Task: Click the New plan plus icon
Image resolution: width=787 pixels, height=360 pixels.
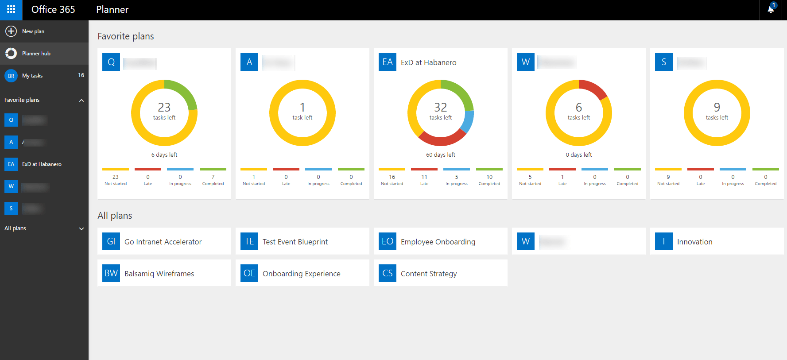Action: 11,31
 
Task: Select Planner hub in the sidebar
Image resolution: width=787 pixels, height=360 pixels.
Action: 36,54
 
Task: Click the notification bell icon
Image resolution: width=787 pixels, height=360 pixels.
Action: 771,9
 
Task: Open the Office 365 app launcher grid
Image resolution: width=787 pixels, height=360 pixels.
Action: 11,9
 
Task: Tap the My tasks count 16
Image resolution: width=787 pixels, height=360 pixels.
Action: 81,75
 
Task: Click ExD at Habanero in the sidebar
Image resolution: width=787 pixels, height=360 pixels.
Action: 42,164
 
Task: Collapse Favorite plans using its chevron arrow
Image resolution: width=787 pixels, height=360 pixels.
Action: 81,101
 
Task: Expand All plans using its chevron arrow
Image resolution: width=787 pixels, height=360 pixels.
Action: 81,229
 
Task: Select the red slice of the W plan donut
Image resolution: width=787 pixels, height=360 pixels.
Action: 593,88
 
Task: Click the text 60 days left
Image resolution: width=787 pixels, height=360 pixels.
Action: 441,155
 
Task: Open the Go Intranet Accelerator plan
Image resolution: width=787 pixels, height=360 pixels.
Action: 163,242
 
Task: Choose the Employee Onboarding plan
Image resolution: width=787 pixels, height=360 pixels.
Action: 438,242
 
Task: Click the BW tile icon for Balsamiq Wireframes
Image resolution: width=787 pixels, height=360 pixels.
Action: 111,273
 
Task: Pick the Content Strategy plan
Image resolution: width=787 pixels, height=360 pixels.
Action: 428,274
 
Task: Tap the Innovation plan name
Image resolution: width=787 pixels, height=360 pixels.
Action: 694,242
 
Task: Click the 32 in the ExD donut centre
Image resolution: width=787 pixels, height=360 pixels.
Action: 441,108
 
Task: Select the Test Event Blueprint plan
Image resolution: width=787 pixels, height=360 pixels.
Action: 295,242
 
